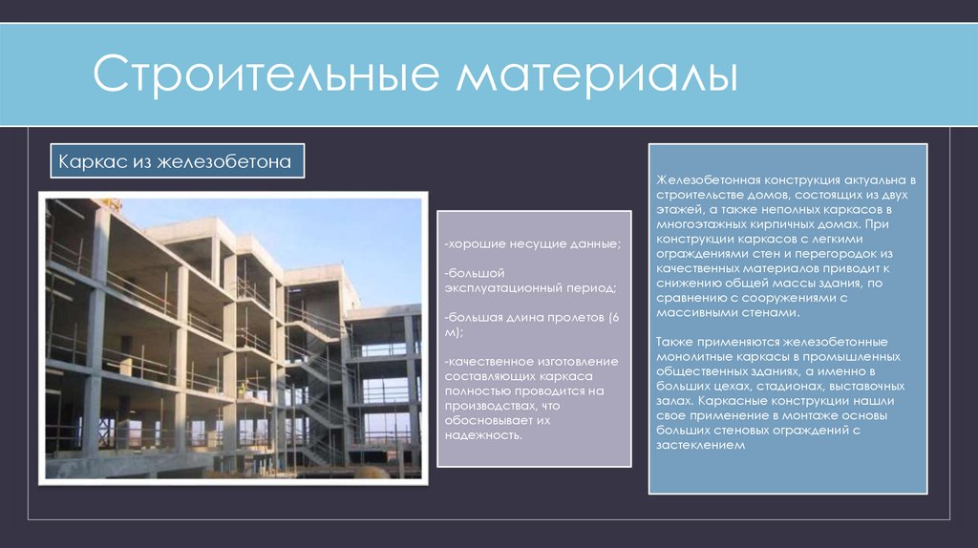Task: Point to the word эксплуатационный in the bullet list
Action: (502, 287)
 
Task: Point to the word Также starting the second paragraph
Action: (677, 341)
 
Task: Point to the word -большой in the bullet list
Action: (474, 273)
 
